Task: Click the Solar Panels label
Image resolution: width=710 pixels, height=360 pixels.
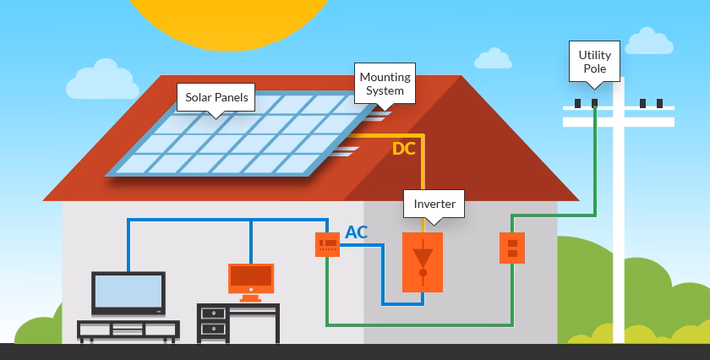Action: coord(216,97)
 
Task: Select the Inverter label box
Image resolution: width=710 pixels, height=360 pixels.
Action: coord(434,204)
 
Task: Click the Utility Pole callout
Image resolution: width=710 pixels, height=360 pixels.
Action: coord(594,61)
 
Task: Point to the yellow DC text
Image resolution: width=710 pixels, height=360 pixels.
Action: coord(404,150)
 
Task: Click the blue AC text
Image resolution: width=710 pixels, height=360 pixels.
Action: coord(357,232)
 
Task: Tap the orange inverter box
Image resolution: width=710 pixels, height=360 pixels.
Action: coord(423,262)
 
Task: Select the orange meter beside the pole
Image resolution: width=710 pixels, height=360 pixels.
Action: coord(511,248)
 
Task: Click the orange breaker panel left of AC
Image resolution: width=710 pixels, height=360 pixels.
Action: coord(326,245)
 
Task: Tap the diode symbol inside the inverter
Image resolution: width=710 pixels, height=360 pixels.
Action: coord(423,258)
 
